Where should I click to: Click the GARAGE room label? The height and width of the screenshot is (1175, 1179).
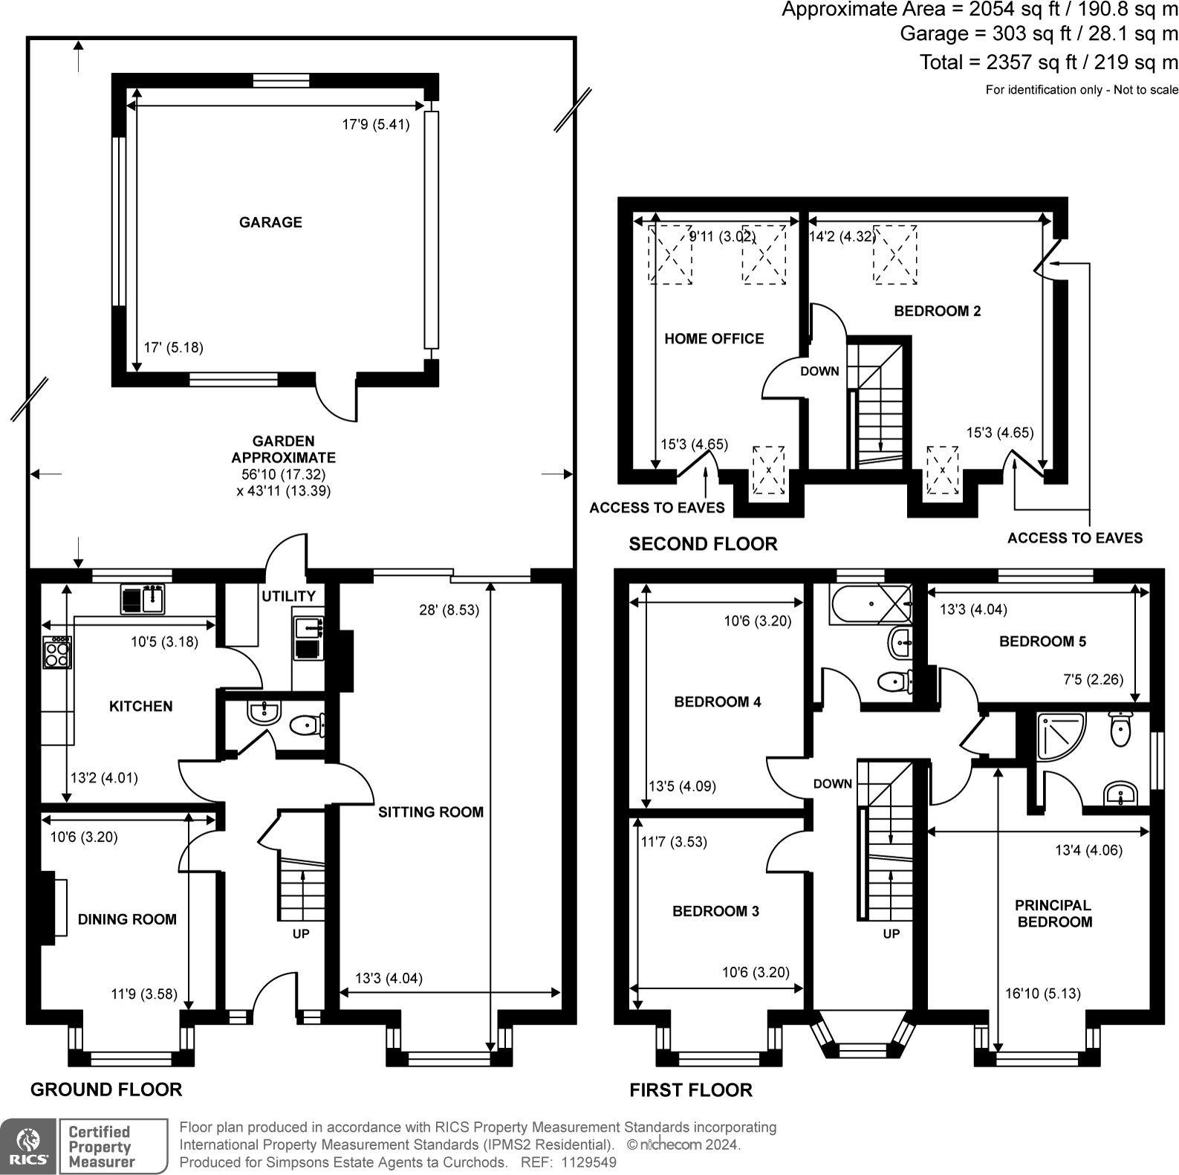coord(270,222)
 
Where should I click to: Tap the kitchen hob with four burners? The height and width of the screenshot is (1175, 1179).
coord(57,653)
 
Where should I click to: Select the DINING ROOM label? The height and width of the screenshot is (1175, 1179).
coord(127,919)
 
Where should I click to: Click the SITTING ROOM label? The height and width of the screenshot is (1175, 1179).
coord(431,812)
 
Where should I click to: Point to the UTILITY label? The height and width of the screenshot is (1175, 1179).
coord(288,596)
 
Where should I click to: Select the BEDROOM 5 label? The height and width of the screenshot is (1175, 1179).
coord(1042,641)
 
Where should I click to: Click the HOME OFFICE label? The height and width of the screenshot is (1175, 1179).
coord(714,339)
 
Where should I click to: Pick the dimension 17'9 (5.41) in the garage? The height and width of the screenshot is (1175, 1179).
coord(376,125)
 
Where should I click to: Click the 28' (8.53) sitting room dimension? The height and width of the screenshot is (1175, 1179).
coord(449,610)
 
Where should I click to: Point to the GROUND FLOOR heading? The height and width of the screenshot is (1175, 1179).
coord(106,1090)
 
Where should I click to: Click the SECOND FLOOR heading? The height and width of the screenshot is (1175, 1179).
coord(703,544)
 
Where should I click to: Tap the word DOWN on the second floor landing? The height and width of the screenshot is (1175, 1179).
coord(819,371)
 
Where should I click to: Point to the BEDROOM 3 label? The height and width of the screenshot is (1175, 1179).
coord(715,911)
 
